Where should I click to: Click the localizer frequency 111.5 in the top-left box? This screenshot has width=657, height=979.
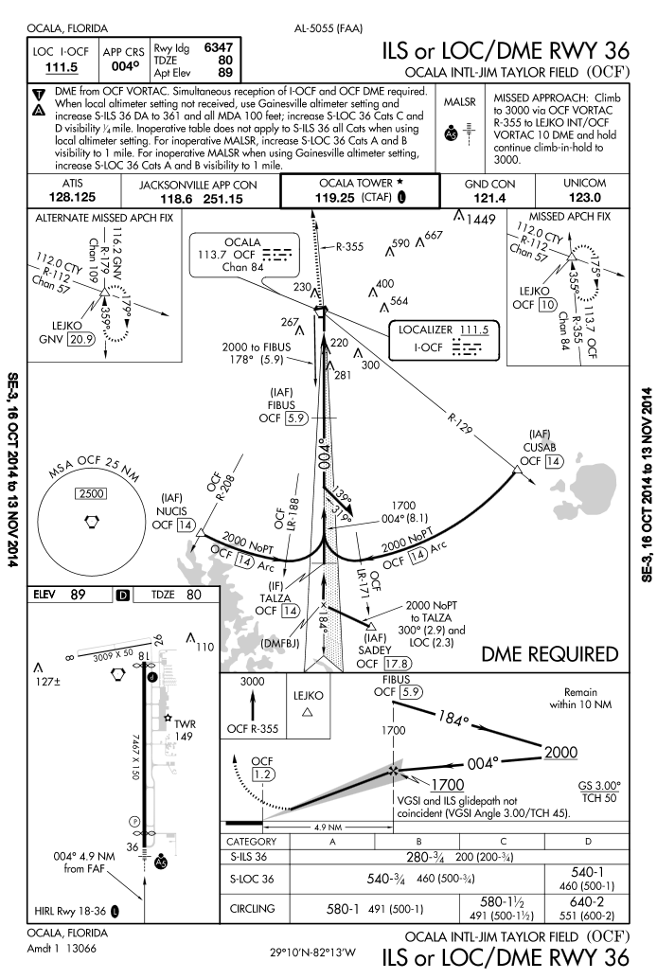pyautogui.click(x=59, y=67)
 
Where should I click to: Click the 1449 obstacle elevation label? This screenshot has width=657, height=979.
pyautogui.click(x=480, y=219)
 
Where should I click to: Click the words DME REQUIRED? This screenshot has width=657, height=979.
pyautogui.click(x=550, y=654)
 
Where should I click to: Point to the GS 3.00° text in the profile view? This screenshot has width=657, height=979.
pyautogui.click(x=599, y=787)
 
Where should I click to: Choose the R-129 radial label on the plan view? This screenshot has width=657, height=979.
pyautogui.click(x=437, y=415)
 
